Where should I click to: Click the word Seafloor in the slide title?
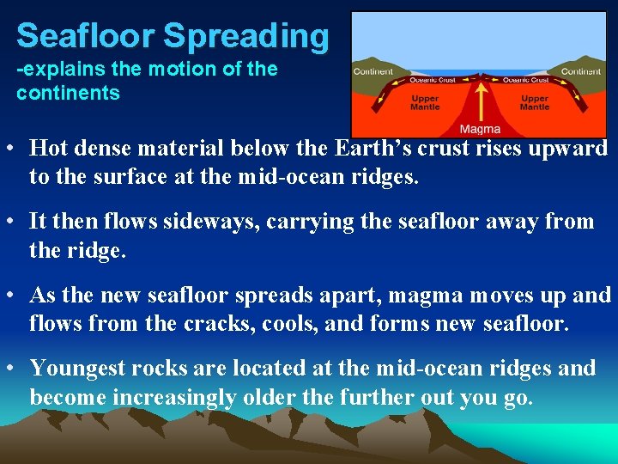pos(85,36)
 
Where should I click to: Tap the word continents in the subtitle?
pos(68,93)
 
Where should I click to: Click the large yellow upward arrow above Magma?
pos(481,99)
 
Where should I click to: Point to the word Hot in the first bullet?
pos(48,148)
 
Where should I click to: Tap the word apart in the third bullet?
pos(348,296)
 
